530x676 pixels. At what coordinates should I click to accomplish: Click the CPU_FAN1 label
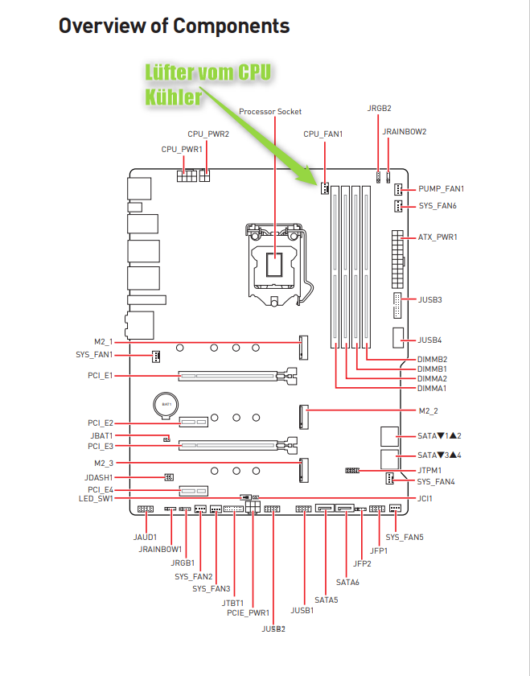(323, 134)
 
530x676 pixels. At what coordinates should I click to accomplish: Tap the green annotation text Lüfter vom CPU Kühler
(207, 84)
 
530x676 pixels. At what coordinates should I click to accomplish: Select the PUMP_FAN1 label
(442, 189)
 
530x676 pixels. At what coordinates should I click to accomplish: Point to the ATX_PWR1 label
(438, 237)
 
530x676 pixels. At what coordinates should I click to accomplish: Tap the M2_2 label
(429, 411)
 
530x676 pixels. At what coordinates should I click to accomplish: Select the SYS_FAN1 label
(95, 355)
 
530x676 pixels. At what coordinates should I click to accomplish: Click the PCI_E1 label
(101, 375)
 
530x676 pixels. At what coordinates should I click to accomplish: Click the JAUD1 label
(145, 537)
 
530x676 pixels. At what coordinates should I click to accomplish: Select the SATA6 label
(347, 582)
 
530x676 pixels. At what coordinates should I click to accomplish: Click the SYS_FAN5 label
(405, 537)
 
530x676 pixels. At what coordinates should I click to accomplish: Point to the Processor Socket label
(270, 111)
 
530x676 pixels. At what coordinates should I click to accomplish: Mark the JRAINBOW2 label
(405, 131)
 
